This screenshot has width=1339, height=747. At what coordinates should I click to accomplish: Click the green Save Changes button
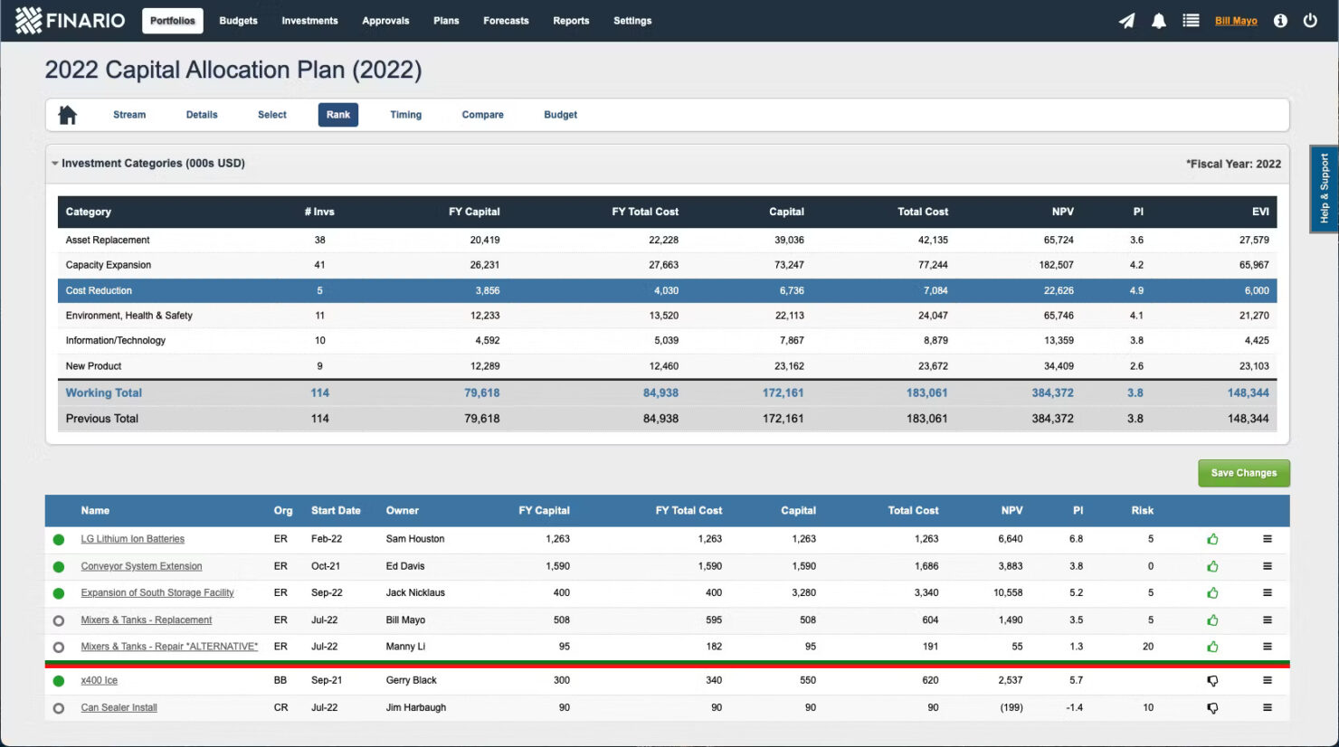(x=1243, y=473)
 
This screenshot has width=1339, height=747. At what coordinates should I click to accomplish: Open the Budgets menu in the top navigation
(x=238, y=21)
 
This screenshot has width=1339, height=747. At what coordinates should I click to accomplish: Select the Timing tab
(x=405, y=115)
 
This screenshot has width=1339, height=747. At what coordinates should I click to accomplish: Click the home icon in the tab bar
(x=68, y=115)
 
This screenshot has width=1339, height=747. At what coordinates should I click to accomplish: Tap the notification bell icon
(x=1158, y=21)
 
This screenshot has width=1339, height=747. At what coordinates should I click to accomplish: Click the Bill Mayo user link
(x=1235, y=21)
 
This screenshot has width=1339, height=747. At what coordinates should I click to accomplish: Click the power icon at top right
(x=1309, y=21)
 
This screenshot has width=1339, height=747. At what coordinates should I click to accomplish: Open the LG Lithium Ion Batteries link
(x=132, y=539)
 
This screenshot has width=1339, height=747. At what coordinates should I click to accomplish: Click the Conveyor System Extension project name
(x=141, y=566)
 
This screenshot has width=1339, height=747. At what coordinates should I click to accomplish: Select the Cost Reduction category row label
(x=99, y=290)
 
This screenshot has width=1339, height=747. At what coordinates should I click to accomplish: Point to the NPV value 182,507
(x=1056, y=265)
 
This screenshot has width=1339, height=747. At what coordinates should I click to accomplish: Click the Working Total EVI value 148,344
(x=1248, y=392)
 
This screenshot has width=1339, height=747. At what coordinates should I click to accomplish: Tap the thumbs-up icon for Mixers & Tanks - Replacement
(x=1212, y=620)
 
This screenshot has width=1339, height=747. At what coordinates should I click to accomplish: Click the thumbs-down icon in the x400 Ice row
(x=1212, y=681)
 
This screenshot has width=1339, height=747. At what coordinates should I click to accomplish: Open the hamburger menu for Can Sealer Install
(x=1267, y=707)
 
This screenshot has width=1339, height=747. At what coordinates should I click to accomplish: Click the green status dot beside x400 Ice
(x=59, y=681)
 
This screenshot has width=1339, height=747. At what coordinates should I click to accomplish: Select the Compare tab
(x=482, y=115)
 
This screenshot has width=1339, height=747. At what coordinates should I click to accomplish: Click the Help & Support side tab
(x=1324, y=188)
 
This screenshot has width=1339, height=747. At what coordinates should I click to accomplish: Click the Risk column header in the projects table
(x=1142, y=511)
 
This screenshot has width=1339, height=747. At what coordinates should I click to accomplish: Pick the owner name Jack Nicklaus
(x=415, y=593)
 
